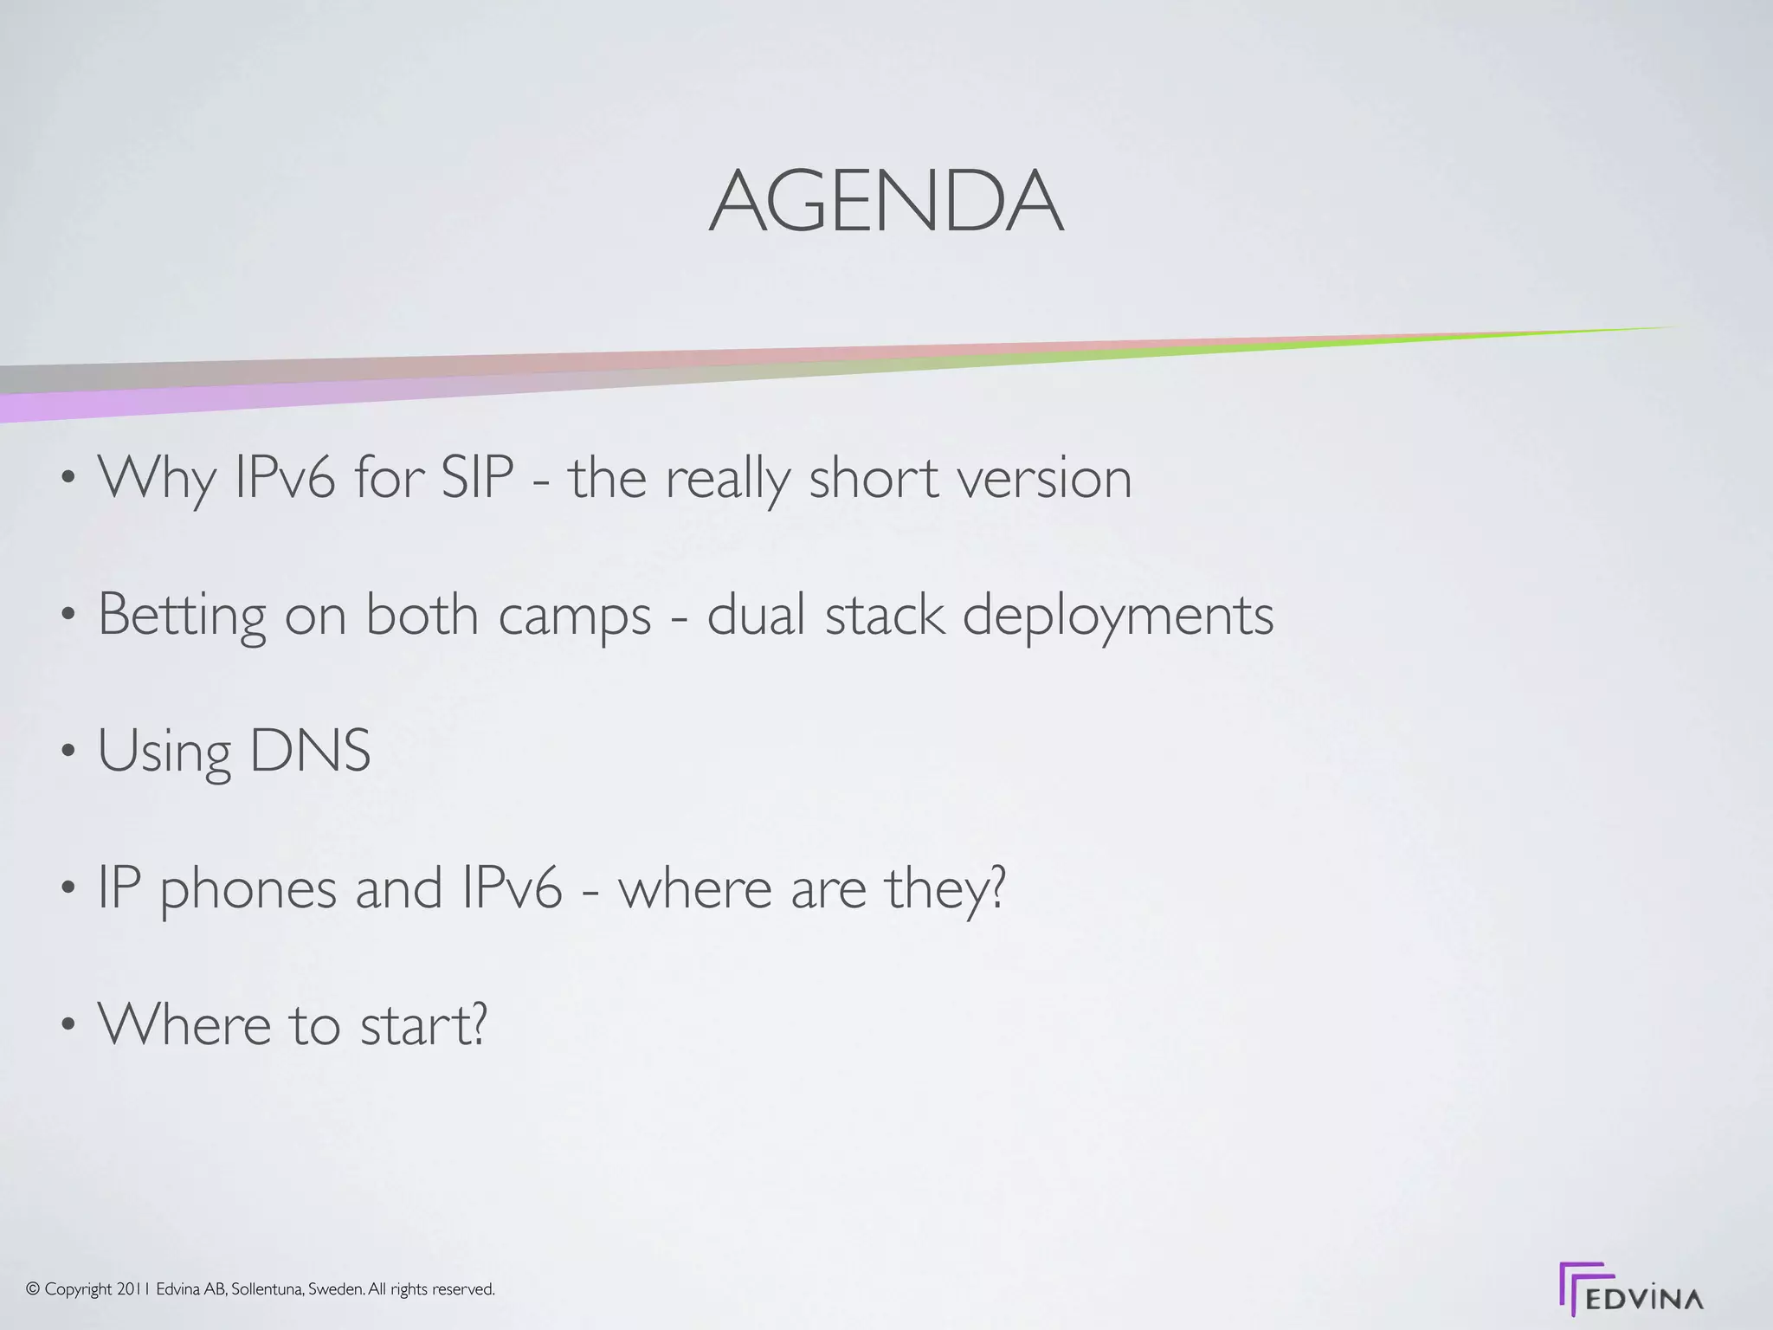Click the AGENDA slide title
click(x=886, y=201)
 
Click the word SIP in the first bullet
click(x=477, y=477)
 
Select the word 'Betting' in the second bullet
click(x=182, y=615)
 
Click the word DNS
click(x=310, y=750)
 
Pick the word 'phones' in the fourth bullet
click(x=248, y=888)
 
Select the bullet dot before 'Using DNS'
click(x=68, y=752)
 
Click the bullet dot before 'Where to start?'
click(x=68, y=1025)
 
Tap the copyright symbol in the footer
click(x=33, y=1289)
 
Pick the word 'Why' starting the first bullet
click(x=156, y=479)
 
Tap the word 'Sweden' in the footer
click(x=336, y=1289)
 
